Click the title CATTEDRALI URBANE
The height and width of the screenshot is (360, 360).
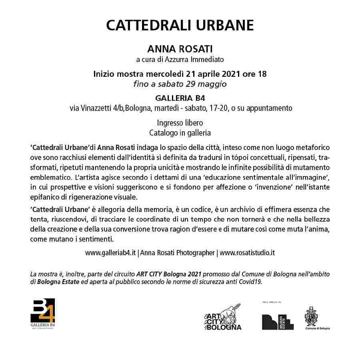(x=180, y=25)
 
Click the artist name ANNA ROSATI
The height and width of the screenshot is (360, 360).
(x=180, y=49)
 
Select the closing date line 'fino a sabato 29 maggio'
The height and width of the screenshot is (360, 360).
(x=180, y=84)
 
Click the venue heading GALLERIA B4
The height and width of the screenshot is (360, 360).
(x=180, y=98)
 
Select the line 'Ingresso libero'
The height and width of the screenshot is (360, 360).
(x=180, y=123)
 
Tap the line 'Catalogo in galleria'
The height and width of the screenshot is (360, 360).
(x=180, y=132)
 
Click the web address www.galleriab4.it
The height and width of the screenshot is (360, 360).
(x=111, y=253)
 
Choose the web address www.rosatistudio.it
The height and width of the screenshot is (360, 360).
(x=247, y=253)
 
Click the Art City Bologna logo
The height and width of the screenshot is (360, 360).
(x=223, y=317)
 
